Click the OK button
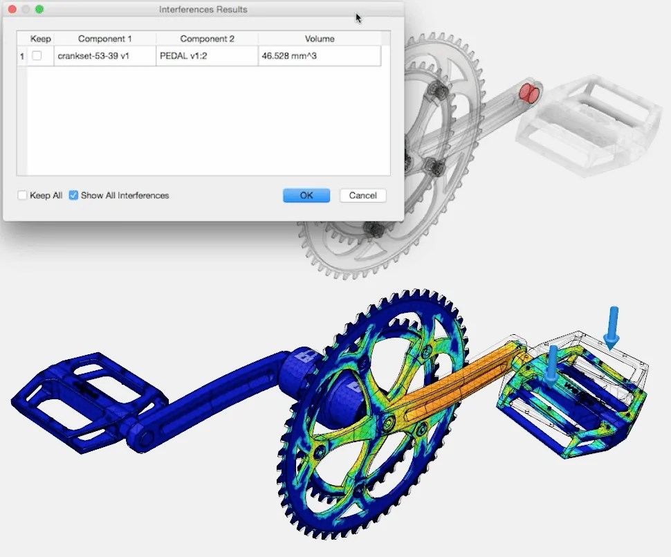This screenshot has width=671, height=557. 306,196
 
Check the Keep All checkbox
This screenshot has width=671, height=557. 23,196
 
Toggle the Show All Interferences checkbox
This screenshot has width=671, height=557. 74,196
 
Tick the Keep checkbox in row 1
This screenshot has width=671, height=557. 37,56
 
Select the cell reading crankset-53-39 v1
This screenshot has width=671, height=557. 104,56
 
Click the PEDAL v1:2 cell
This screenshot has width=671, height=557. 207,56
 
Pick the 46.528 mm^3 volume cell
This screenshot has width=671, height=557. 319,56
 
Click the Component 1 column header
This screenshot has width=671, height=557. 104,39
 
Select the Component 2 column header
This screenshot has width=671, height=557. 207,39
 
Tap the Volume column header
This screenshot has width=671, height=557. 319,39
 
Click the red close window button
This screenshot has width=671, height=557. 12,10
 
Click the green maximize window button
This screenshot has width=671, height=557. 39,10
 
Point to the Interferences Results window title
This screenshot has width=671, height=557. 203,10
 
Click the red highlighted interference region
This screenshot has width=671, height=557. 530,93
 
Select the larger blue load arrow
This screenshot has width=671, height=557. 612,325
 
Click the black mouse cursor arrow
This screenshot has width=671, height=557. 358,18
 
